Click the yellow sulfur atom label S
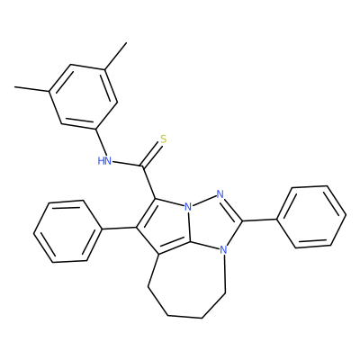coord(163,139)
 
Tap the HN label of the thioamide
coord(104,161)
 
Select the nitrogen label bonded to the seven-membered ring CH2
coord(222,249)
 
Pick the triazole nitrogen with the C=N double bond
coord(220,194)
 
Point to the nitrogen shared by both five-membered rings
coord(188,207)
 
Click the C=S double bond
coord(152,156)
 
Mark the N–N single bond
coord(204,201)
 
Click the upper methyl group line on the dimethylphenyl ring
coord(115,57)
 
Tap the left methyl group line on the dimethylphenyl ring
coord(32,89)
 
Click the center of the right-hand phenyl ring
coord(311,217)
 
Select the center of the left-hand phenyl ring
coord(67,231)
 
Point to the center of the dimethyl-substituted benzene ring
coord(84,97)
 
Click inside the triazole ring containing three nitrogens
coord(212,223)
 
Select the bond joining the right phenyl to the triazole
coord(260,220)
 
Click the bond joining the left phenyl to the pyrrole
coord(119,229)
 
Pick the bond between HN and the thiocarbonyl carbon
coord(128,164)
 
